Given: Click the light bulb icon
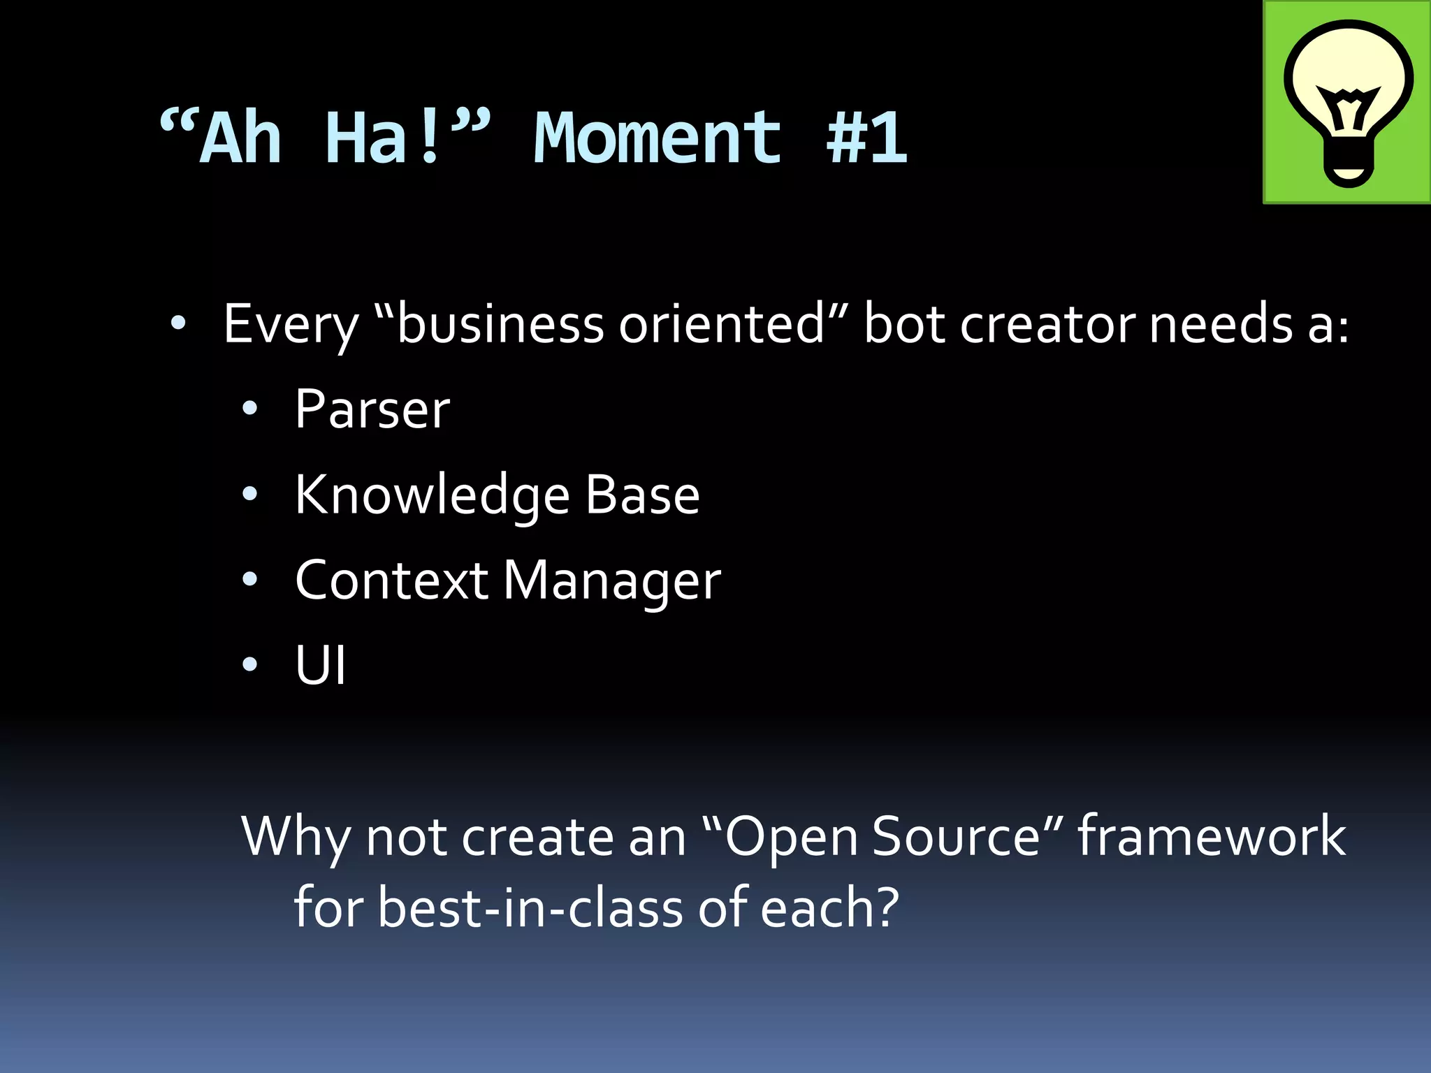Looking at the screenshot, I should [x=1347, y=103].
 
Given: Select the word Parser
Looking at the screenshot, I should [x=372, y=409].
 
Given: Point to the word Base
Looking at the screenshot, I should [x=642, y=495].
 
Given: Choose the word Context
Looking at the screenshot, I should [x=391, y=581].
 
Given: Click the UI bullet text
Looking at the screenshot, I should [x=321, y=666].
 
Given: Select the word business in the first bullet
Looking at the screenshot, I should [x=500, y=325].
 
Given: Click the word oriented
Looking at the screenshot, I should [x=721, y=325].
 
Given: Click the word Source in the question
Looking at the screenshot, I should [x=957, y=836].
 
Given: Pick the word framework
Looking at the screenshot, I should [x=1212, y=836].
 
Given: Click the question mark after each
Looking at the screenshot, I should [x=886, y=907].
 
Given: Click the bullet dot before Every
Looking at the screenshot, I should [x=178, y=323].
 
